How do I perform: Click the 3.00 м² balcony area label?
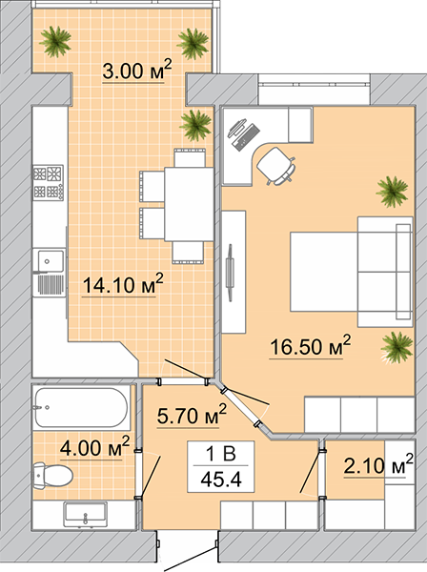click(x=136, y=70)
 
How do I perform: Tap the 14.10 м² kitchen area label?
click(x=123, y=284)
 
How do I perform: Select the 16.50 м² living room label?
click(x=310, y=346)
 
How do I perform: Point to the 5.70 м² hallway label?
click(x=192, y=415)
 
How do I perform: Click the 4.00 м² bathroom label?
click(x=94, y=447)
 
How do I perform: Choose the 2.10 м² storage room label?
click(x=378, y=464)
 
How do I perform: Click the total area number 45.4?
click(x=221, y=479)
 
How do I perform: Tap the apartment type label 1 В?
click(x=221, y=454)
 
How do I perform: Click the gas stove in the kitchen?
click(x=49, y=183)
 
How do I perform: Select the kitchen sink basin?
click(x=49, y=261)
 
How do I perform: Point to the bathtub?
click(x=81, y=407)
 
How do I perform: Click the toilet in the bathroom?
click(x=52, y=476)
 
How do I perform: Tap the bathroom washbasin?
click(x=86, y=514)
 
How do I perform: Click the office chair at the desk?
click(x=276, y=166)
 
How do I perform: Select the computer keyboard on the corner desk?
click(x=246, y=137)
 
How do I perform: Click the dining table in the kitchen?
click(x=189, y=204)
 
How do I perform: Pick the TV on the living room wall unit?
click(x=230, y=273)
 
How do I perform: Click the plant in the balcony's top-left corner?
click(x=55, y=41)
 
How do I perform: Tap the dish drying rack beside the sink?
click(x=51, y=284)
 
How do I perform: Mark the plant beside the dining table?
click(x=195, y=125)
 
